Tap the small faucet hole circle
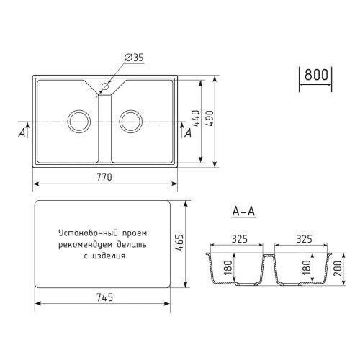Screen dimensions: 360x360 pyautogui.click(x=104, y=87)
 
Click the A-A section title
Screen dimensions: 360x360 pyautogui.click(x=244, y=211)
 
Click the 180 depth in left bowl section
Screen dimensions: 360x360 pyautogui.click(x=227, y=269)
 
